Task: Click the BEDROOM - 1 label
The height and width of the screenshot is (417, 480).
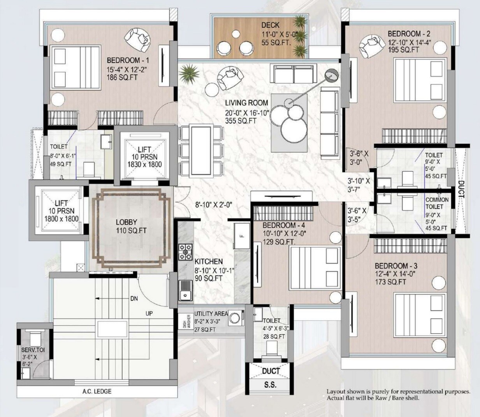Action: pos(128,61)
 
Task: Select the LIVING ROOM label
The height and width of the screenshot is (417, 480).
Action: pos(246,103)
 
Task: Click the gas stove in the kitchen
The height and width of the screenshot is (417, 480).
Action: pos(185,252)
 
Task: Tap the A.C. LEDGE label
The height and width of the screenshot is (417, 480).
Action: pos(97,391)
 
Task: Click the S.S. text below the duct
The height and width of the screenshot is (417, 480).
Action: pos(270,385)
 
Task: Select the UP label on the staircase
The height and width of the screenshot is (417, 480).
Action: pos(149,313)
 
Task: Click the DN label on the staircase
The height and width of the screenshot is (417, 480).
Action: pos(134,299)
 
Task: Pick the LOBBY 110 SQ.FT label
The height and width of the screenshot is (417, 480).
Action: pos(131,226)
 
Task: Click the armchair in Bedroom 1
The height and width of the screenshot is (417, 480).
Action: pos(137,39)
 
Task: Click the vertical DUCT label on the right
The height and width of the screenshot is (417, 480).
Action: pos(461,189)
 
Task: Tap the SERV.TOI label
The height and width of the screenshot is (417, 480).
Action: pos(33,350)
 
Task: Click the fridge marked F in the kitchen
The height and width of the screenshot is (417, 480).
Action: pos(242,236)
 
